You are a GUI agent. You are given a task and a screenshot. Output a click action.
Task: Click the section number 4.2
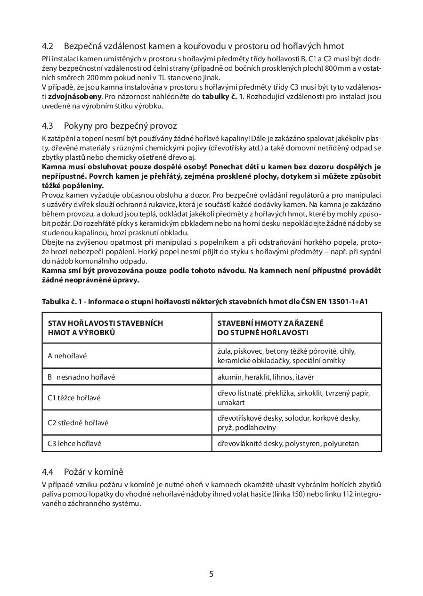click(x=47, y=46)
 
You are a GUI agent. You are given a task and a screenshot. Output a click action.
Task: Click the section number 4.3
click(x=47, y=126)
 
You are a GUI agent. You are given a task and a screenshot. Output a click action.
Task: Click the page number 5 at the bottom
click(x=211, y=574)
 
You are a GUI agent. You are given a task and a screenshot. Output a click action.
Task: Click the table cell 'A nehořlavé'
click(x=67, y=356)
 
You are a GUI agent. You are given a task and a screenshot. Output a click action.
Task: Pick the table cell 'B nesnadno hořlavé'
click(x=81, y=377)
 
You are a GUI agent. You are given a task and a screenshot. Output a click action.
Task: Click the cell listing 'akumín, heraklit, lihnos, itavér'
click(x=266, y=377)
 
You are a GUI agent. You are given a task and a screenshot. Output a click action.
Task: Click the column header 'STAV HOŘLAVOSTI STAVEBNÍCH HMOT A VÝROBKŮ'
click(x=106, y=328)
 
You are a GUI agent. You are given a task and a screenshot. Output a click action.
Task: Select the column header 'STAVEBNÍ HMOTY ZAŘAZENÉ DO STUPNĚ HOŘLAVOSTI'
click(x=270, y=328)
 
